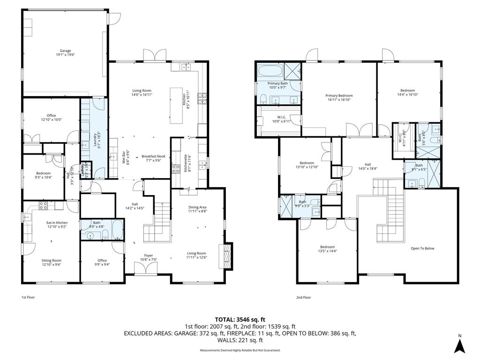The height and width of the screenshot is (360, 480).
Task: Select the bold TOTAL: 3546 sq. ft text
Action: tap(240, 319)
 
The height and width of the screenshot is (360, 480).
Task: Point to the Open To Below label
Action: tap(422, 248)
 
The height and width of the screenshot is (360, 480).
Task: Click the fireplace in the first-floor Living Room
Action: tap(228, 256)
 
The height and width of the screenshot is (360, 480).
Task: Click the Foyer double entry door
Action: tap(145, 269)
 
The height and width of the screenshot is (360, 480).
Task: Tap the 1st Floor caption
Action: tap(28, 297)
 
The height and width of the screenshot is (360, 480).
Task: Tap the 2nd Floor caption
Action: tap(303, 297)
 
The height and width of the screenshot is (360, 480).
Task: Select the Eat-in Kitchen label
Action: tap(57, 225)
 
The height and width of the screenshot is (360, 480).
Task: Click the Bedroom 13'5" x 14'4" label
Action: tap(327, 249)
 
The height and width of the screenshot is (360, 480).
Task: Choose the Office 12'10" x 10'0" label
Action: tap(51, 117)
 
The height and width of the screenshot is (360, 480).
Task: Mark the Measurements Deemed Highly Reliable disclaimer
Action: tap(240, 350)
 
